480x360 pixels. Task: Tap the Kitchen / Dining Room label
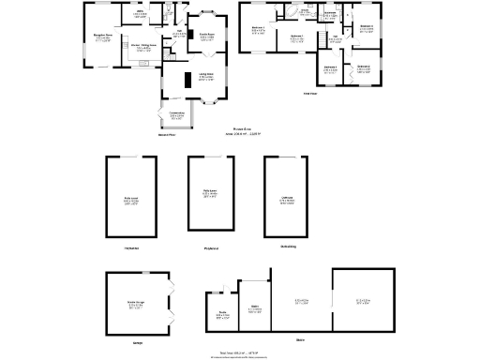tap(142, 48)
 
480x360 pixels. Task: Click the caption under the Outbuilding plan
tap(288, 247)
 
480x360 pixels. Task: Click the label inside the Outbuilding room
tap(288, 199)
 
